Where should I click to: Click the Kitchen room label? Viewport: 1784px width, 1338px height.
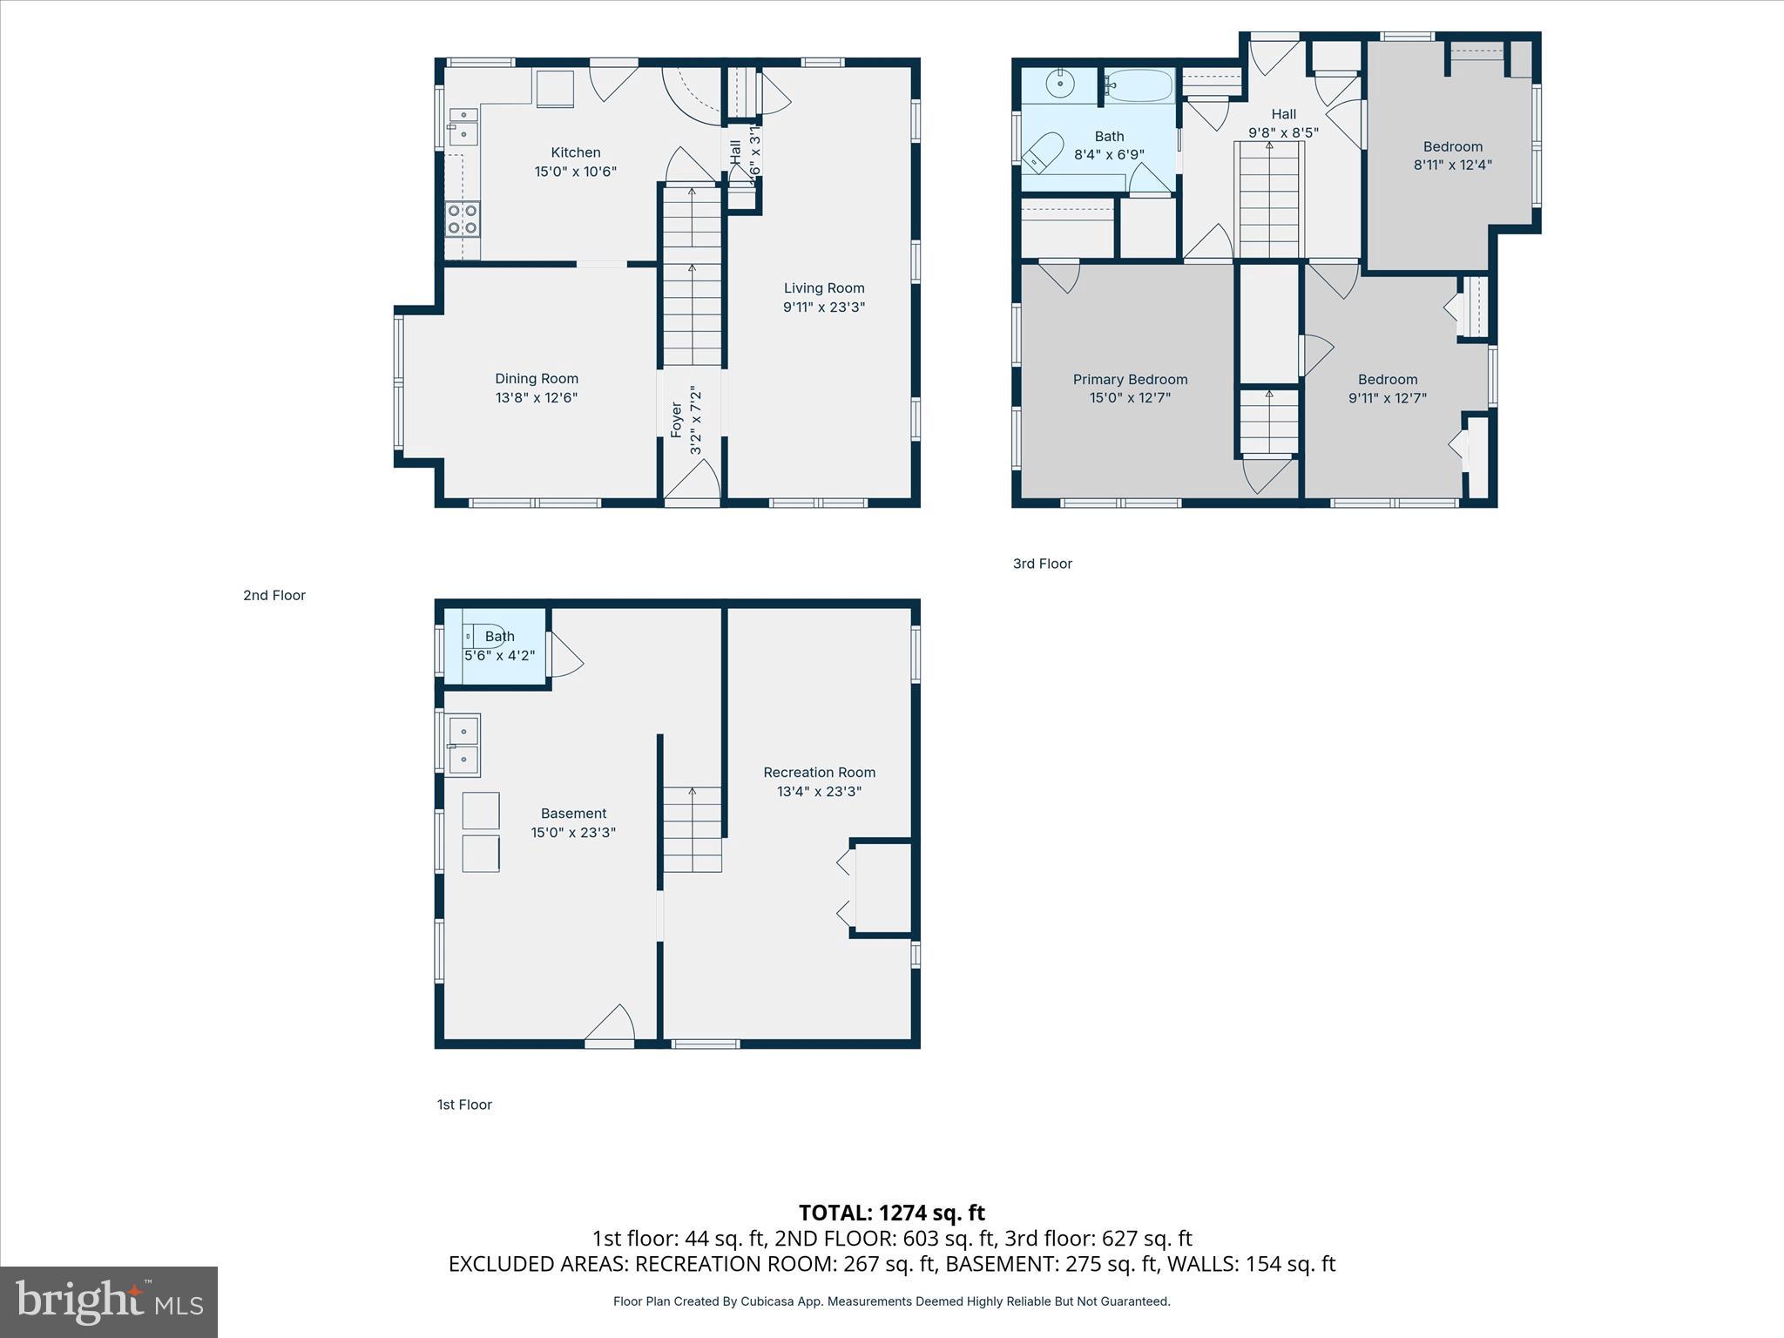point(575,152)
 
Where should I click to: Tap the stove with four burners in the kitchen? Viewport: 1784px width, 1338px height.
point(463,219)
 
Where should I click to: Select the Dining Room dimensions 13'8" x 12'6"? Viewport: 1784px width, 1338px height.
point(536,398)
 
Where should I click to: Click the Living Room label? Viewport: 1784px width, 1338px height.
point(823,288)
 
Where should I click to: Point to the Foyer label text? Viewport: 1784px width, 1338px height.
point(677,420)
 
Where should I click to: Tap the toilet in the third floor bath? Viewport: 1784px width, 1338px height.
point(1044,152)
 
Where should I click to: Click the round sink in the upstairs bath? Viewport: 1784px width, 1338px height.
point(1060,84)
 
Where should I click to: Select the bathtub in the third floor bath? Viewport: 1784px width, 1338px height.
point(1139,85)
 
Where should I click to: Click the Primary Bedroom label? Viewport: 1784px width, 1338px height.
point(1130,380)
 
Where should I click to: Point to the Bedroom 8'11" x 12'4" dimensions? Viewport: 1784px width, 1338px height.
point(1452,165)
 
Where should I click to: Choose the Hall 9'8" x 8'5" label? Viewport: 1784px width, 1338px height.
point(1283,123)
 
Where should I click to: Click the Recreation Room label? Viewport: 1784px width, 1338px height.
point(819,773)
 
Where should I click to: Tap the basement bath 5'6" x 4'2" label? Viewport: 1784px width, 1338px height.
point(499,646)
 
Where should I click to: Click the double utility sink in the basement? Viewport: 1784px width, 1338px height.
point(464,745)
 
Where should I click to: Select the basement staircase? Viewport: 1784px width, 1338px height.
point(693,828)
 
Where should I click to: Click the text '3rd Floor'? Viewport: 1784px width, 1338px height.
point(1042,564)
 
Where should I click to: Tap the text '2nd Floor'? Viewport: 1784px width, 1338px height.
point(274,596)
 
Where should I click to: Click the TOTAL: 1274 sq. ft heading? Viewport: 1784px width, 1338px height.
point(891,1213)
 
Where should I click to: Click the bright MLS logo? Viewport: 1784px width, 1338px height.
point(109,1301)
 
